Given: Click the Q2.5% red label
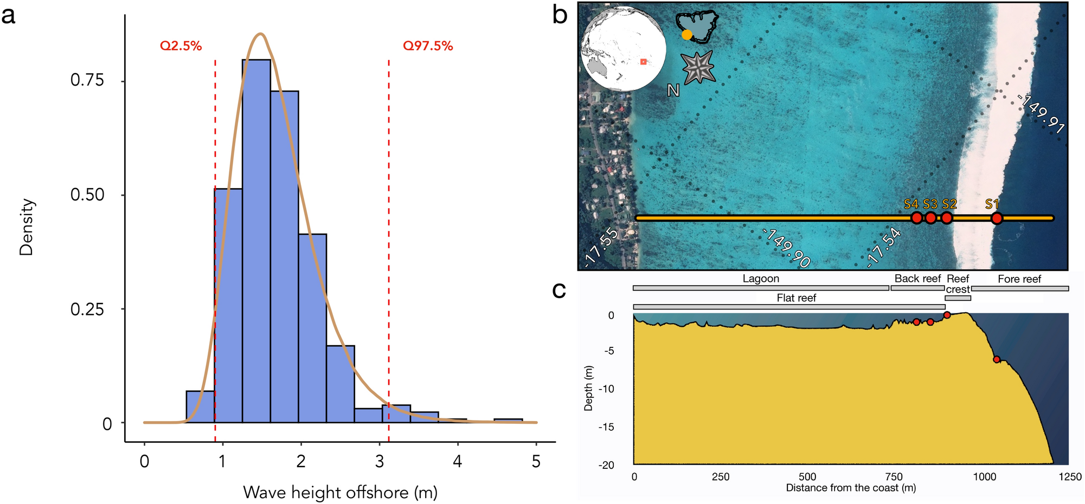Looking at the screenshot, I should [x=181, y=46].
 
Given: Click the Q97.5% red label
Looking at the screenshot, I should [x=427, y=46].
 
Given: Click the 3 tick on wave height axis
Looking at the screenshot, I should [x=380, y=462].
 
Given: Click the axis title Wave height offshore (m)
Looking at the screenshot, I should [x=340, y=492].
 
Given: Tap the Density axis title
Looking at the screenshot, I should [x=27, y=227].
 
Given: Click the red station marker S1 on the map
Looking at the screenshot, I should [x=997, y=218].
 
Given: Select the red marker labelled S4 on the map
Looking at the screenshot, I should [x=916, y=218].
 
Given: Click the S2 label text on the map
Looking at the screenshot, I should [x=949, y=204].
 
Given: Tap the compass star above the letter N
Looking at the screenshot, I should [x=698, y=67].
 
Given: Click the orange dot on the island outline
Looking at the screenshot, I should [x=687, y=35].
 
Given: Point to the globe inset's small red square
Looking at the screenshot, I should [x=643, y=62].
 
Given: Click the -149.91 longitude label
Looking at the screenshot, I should [x=1041, y=114].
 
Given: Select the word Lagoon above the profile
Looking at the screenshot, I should [x=761, y=279].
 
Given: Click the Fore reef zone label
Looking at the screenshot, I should [x=1019, y=279].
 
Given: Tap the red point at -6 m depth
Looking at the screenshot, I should [x=997, y=359].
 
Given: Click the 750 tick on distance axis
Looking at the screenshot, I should [x=894, y=477].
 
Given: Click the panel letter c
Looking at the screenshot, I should [x=559, y=290].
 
